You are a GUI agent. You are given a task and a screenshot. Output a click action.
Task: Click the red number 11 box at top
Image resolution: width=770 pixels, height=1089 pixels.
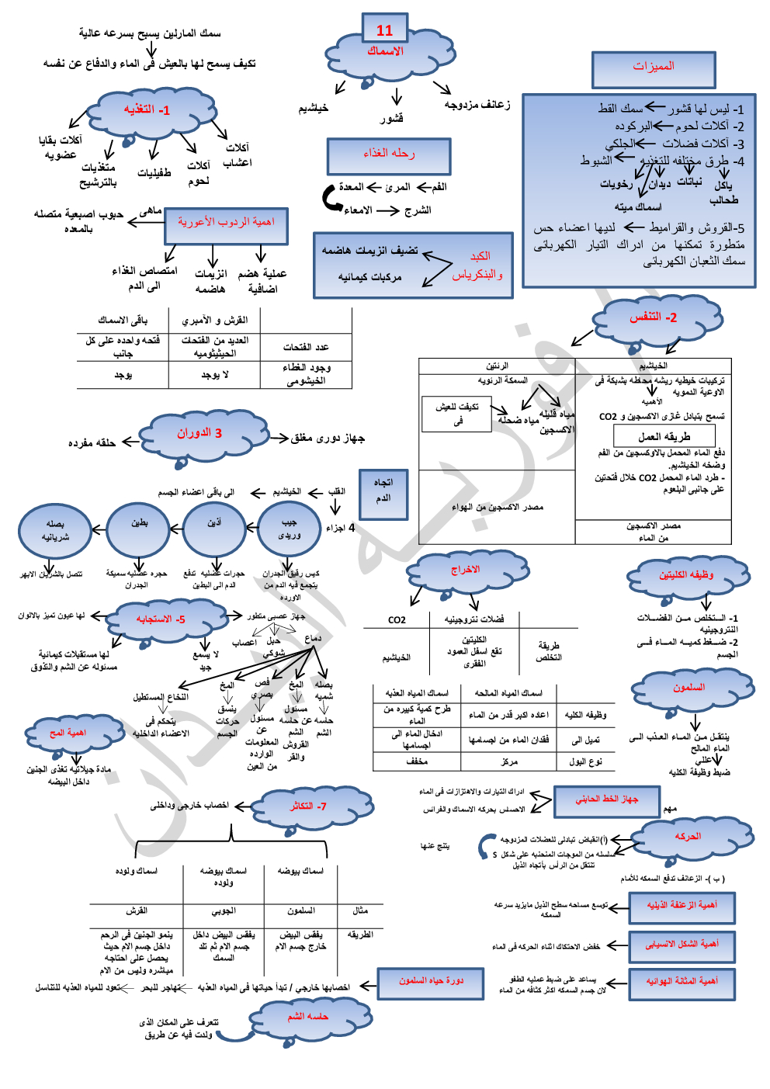pos(384,30)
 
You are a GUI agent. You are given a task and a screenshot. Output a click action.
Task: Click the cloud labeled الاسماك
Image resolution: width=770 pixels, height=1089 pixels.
pos(387,54)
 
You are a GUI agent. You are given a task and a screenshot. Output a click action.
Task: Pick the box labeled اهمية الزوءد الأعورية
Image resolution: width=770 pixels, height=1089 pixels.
pos(226,225)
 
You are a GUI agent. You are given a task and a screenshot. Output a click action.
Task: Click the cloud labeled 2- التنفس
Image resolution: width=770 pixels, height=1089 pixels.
pos(654,318)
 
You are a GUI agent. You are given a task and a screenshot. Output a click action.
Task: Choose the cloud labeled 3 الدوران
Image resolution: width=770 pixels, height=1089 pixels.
pos(199,434)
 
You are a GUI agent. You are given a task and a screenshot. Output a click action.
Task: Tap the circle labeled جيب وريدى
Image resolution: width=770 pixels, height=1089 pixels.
pos(289,529)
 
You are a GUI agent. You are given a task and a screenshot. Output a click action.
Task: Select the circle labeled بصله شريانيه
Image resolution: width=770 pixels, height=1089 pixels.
pos(55,529)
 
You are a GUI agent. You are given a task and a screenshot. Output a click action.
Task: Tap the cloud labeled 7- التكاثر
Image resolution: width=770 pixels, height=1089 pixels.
pos(309,807)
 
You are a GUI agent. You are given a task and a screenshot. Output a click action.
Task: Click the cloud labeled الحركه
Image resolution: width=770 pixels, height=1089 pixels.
pos(688,838)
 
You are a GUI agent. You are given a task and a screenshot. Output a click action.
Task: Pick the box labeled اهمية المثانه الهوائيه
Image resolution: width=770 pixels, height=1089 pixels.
pos(682,983)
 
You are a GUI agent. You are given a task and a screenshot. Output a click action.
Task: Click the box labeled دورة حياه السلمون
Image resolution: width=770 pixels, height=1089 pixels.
pos(431,983)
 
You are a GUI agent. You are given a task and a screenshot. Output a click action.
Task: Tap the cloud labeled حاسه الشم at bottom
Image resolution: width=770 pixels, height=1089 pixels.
pos(308,1018)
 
